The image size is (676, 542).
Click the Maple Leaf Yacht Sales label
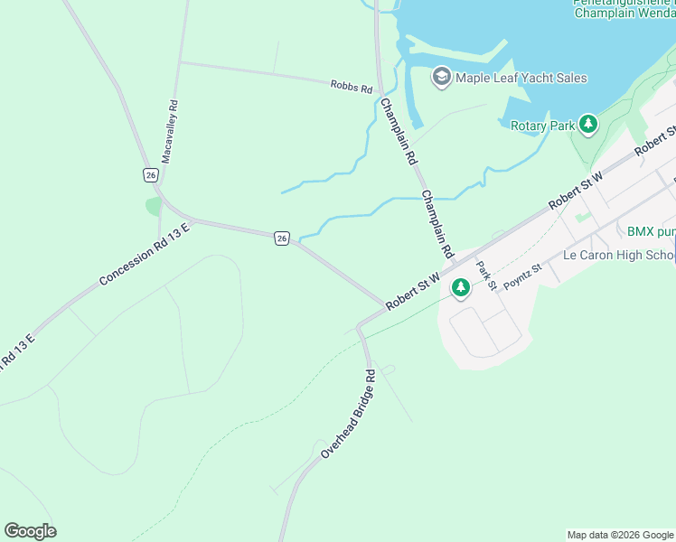coord(521,78)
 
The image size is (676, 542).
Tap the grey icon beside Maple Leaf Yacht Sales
coord(442,77)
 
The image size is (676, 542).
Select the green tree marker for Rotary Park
coord(589,125)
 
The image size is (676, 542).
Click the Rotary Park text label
coord(542,126)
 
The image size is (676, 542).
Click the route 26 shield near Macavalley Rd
coord(150,174)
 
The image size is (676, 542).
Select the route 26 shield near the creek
coord(282,238)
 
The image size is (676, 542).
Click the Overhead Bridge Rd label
coord(347,414)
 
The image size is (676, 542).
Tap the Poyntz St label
coord(521,276)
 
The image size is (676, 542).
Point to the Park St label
coord(487,276)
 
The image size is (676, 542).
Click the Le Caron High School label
coord(618,255)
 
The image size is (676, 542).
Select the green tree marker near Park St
coord(461,287)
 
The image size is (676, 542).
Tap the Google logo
coord(30,531)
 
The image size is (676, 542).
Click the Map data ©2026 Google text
coord(620,535)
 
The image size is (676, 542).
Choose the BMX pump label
coord(651,231)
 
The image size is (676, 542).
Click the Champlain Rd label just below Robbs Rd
coord(399,131)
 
